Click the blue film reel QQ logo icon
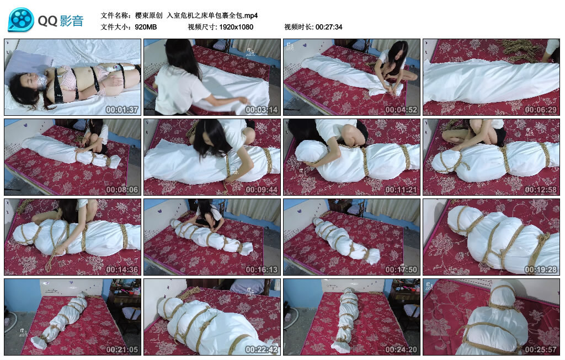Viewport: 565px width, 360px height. pos(21,20)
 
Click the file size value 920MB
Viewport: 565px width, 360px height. pos(146,27)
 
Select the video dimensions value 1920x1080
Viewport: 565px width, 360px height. pos(236,27)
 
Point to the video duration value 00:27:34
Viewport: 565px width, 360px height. pos(329,27)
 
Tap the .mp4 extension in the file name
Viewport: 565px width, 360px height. pos(251,15)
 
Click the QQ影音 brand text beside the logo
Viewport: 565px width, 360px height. pos(61,21)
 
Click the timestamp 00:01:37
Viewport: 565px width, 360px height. pos(122,110)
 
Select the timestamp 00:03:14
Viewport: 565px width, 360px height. pos(262,110)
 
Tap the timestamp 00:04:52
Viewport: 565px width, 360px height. pos(401,110)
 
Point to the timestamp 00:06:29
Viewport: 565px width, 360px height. pos(541,110)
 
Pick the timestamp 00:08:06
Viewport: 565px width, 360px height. pos(122,190)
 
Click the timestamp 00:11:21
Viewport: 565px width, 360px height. pos(401,190)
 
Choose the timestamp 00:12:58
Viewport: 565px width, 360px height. pos(541,190)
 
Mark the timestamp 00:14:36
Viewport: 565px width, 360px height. pos(122,270)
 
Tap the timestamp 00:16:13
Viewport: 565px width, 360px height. pos(262,270)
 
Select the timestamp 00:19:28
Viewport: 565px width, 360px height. pos(541,270)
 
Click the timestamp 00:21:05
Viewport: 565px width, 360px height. pos(122,350)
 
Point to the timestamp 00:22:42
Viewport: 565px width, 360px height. pos(262,350)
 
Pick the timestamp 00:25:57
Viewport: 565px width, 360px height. pos(541,350)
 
